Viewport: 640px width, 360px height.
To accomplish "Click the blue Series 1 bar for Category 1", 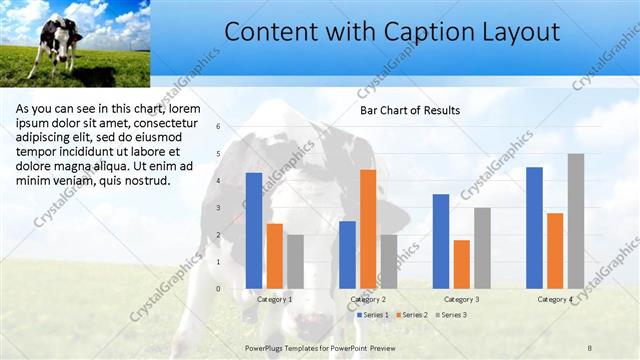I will tap(254, 231).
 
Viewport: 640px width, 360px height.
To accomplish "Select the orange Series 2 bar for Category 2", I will tap(368, 229).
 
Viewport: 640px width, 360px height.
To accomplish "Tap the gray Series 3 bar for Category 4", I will tap(575, 221).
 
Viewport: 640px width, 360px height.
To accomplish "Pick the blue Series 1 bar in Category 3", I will tap(441, 241).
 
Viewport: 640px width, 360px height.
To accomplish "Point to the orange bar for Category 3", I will tap(461, 264).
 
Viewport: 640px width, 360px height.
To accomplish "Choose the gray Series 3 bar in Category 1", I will tap(295, 262).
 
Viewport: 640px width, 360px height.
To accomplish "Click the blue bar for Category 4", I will tap(534, 228).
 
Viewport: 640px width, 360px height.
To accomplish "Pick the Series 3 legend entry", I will tap(452, 315).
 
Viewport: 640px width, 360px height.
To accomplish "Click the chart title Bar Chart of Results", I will tap(410, 111).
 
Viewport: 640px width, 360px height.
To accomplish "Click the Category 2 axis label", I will tap(368, 299).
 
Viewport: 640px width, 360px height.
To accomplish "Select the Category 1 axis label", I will tap(275, 299).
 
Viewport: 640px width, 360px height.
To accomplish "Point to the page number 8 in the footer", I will tap(590, 346).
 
